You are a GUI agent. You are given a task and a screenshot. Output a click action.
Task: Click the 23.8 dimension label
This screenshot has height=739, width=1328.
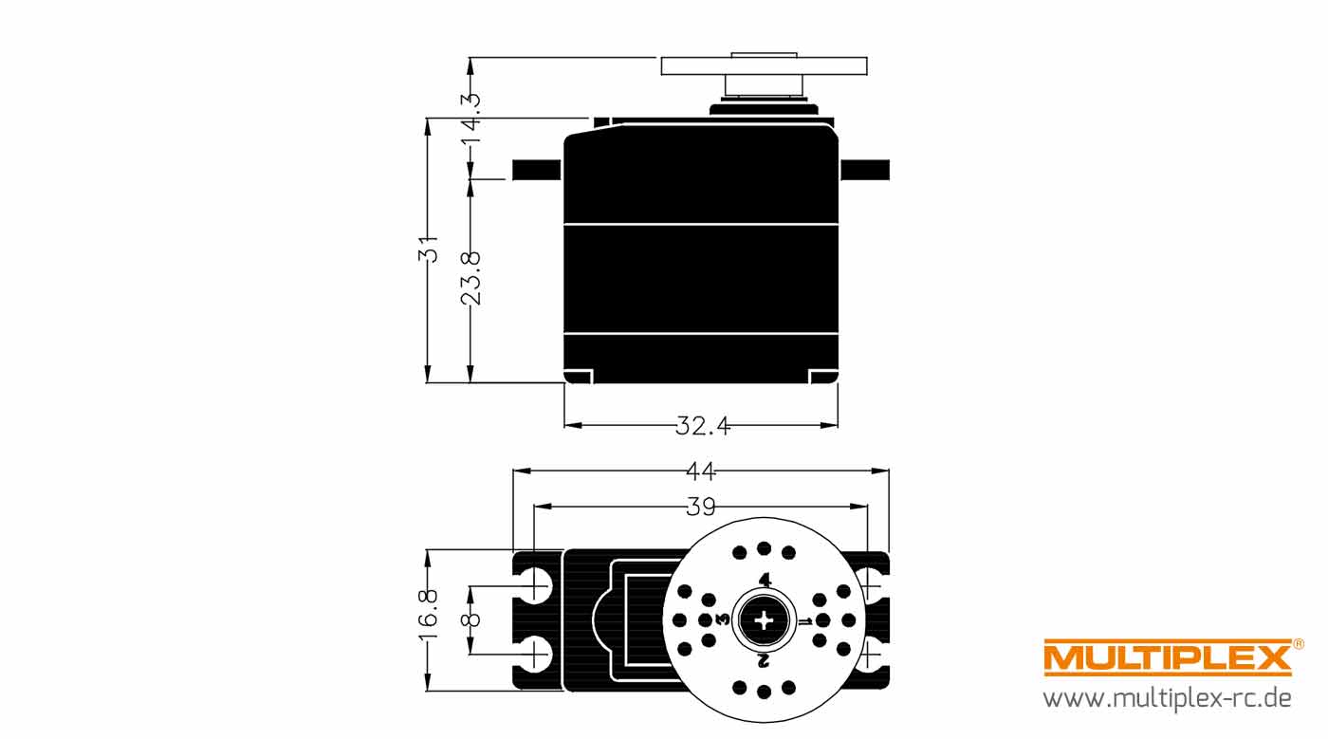470,278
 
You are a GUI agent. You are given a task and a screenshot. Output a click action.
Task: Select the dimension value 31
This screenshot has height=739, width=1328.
428,249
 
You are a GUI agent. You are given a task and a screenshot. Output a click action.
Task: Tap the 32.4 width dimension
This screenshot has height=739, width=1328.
703,426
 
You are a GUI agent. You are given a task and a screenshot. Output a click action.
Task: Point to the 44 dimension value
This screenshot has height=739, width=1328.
701,471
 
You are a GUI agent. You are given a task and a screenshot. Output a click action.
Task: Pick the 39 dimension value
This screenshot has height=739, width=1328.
701,508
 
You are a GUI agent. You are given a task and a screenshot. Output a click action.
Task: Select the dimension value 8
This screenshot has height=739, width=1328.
470,620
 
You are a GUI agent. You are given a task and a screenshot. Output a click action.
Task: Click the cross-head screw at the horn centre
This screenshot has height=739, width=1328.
764,620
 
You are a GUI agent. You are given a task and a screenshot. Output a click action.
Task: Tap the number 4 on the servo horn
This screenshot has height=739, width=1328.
765,580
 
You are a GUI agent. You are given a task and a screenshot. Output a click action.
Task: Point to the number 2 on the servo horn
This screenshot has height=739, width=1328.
764,660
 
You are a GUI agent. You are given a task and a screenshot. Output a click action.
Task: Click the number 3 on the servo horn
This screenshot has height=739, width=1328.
723,619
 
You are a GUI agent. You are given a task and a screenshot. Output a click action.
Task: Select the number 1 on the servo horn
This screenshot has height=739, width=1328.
805,621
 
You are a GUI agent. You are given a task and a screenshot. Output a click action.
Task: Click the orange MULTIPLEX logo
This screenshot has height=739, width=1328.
1168,657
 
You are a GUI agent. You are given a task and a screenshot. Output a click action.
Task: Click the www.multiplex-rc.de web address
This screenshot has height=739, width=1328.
1168,698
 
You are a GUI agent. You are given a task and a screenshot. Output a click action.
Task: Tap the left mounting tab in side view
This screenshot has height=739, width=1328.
537,170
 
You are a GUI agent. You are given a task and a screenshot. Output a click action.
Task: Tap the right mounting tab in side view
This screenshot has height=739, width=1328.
865,170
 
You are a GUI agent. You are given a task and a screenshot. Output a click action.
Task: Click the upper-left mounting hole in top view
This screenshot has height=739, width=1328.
534,584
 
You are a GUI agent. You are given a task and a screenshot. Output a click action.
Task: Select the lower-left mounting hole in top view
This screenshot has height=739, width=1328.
534,655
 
